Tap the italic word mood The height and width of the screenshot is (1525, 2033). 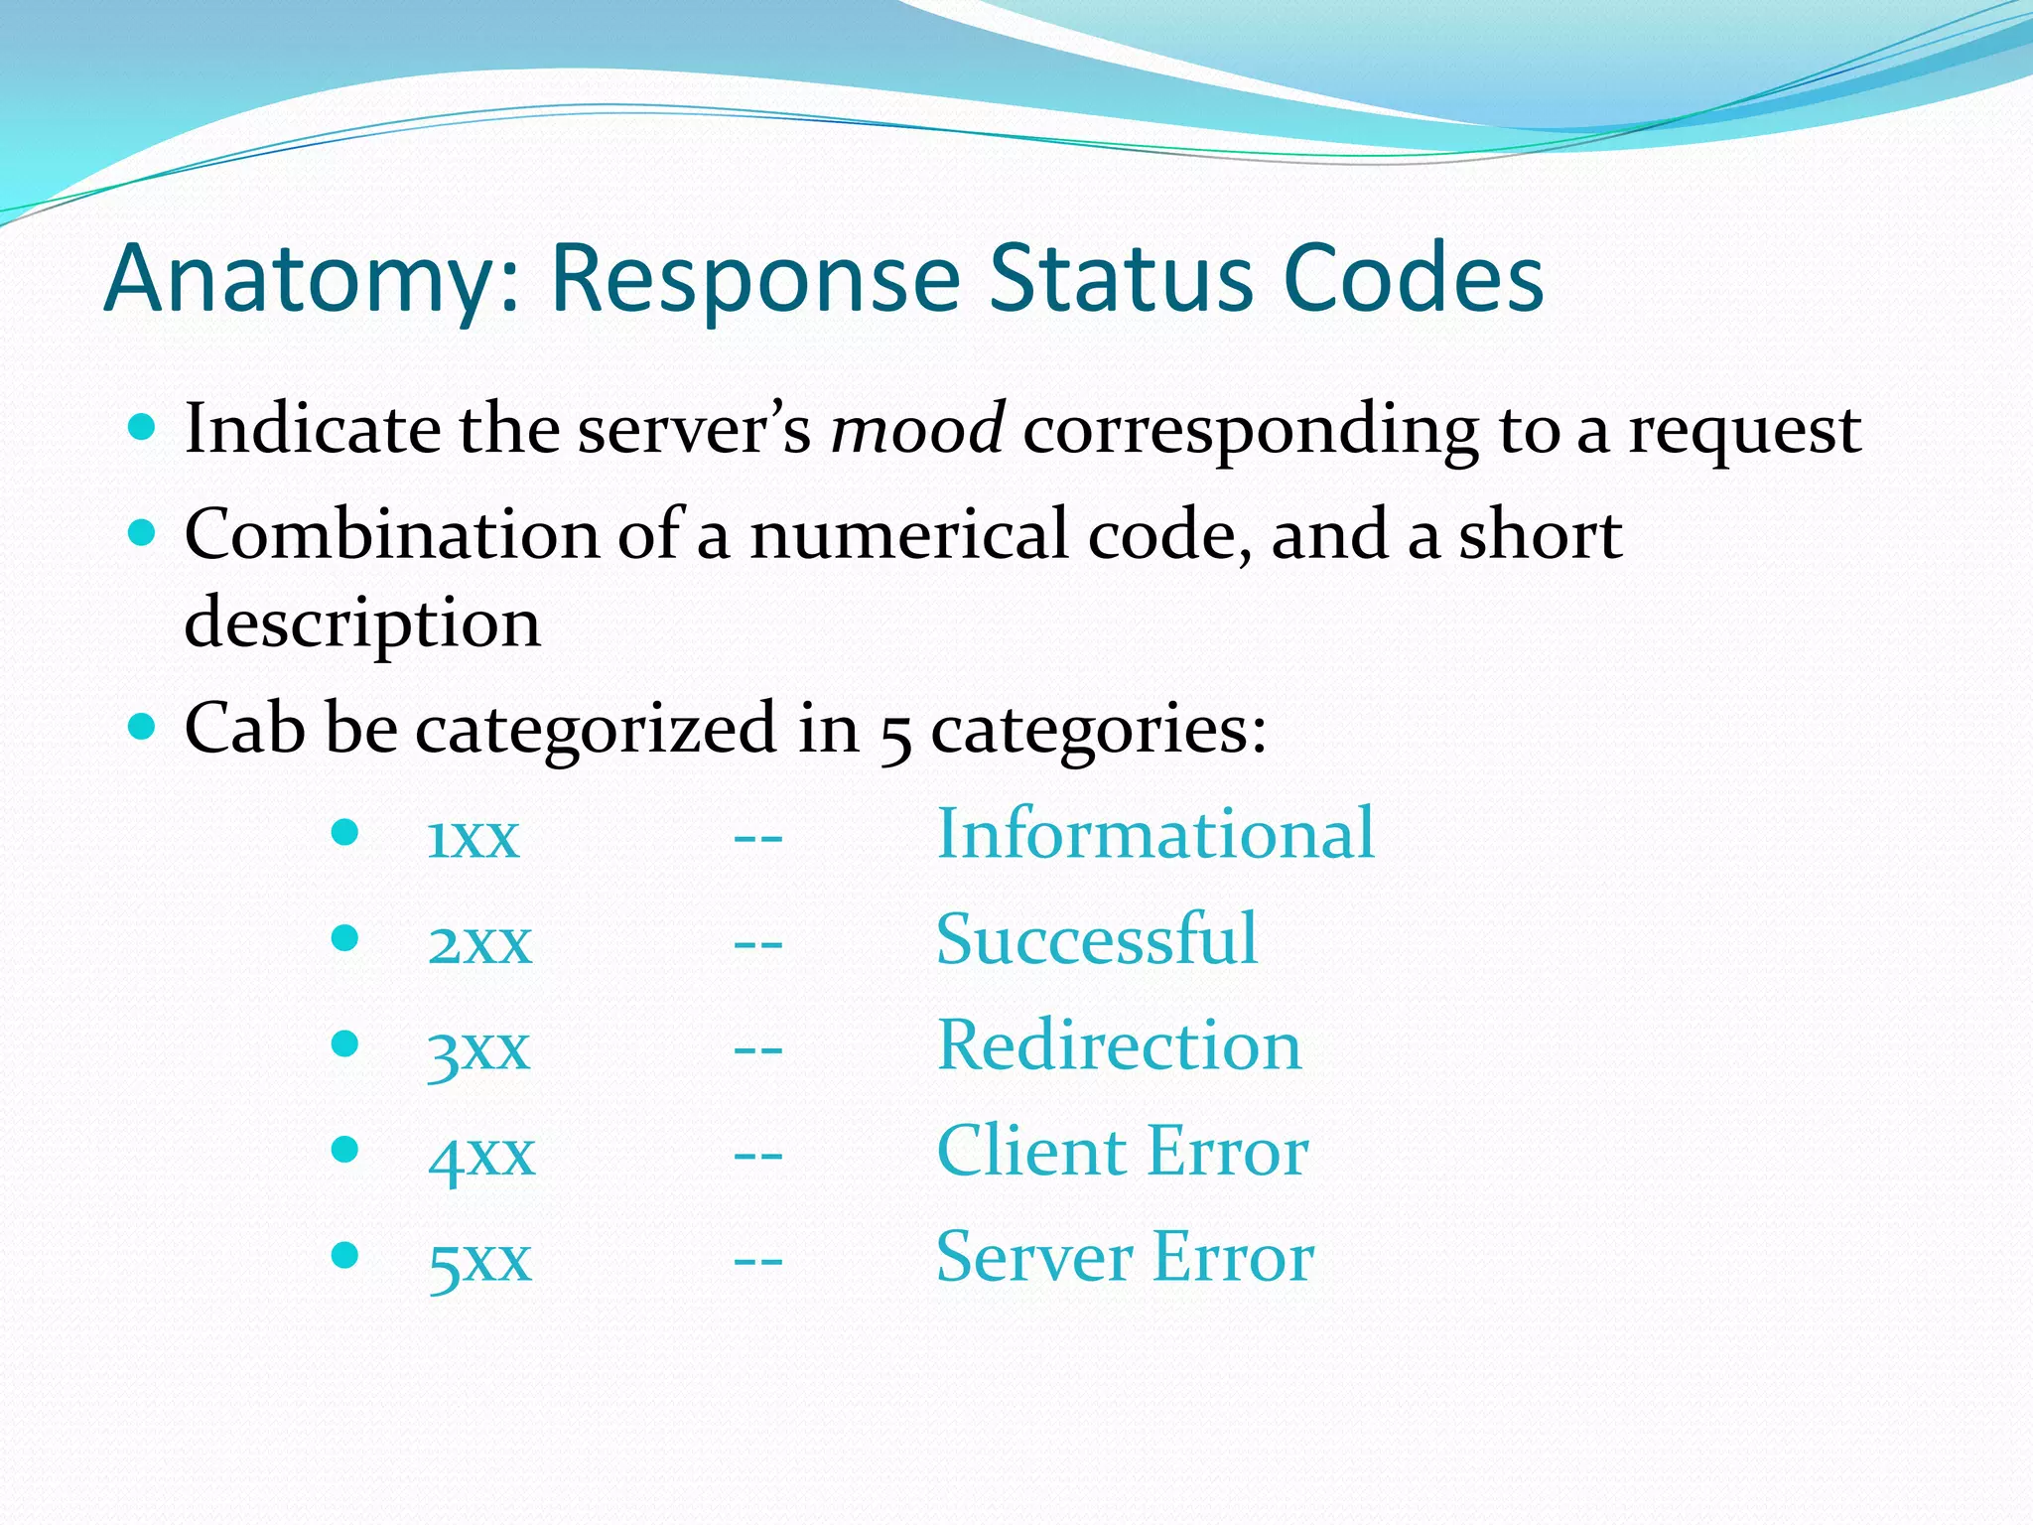917,429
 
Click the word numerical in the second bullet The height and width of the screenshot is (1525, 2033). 907,535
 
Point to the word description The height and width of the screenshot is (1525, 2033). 362,624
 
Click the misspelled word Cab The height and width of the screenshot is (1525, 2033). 244,728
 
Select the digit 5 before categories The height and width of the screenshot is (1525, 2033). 895,735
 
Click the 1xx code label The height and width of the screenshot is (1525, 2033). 473,836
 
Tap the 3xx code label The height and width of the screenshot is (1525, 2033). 478,1048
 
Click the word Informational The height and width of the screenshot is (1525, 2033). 1155,833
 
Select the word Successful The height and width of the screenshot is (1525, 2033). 1096,939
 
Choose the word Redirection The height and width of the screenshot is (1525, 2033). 1119,1045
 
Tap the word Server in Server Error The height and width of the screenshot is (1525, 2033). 1033,1258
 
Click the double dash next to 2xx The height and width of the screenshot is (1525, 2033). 757,943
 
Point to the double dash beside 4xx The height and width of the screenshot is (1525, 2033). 757,1156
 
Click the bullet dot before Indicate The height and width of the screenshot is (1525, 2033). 143,428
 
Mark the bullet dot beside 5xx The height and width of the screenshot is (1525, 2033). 344,1256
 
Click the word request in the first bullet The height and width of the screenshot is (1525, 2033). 1744,431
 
